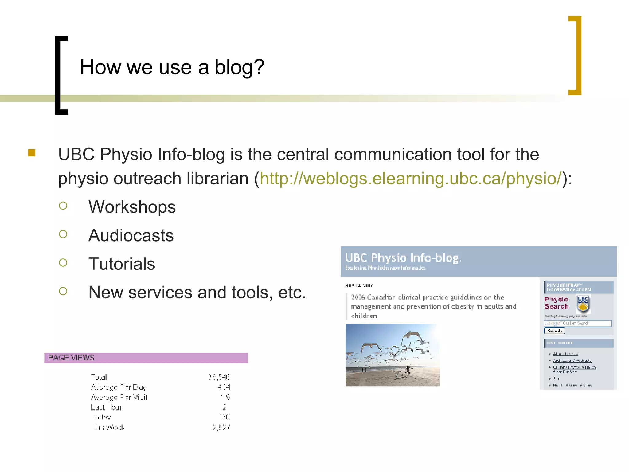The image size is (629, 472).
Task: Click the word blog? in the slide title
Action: pos(239,67)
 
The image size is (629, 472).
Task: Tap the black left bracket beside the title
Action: pos(58,75)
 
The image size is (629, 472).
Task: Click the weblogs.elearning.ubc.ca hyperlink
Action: pos(410,179)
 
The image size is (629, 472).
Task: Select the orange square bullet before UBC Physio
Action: pos(32,153)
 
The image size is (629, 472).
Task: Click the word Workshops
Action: pos(132,207)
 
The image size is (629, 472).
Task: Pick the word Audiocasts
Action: pos(131,235)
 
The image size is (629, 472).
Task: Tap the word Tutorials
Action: pos(122,264)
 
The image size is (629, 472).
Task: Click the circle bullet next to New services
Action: pos(63,291)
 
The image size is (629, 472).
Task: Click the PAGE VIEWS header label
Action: pos(71,358)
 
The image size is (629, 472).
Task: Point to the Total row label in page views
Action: pos(99,377)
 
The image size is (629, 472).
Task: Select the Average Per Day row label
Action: pos(118,387)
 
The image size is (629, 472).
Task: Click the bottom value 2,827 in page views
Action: pos(221,427)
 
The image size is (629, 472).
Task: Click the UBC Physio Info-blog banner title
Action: pos(403,258)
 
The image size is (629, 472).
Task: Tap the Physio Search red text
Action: pos(556,303)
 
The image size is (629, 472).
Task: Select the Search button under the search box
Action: pos(554,331)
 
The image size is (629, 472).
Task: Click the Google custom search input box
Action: pos(577,323)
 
